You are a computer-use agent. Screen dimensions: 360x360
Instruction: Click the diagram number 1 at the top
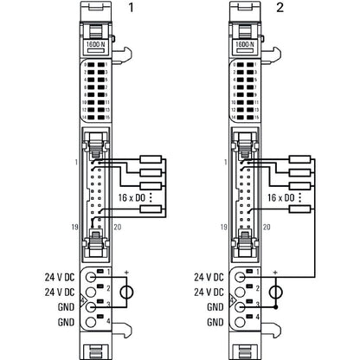pyautogui.click(x=132, y=8)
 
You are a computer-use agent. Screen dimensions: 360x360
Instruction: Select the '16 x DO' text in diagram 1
pyautogui.click(x=132, y=198)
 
